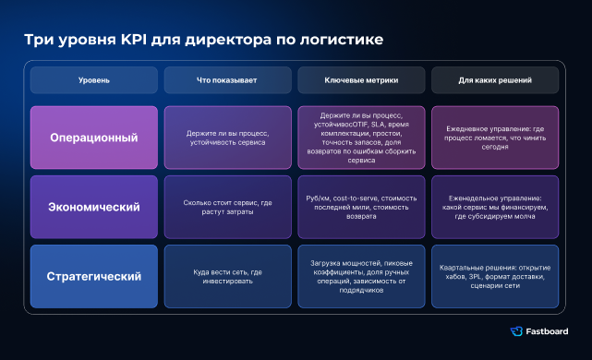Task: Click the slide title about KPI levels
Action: click(x=204, y=40)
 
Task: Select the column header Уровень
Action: click(x=94, y=80)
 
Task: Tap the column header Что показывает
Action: click(x=228, y=80)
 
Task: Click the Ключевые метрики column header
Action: click(x=361, y=80)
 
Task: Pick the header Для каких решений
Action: click(x=495, y=80)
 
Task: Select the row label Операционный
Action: click(x=94, y=138)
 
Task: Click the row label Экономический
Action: click(x=94, y=207)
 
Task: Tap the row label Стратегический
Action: click(x=94, y=276)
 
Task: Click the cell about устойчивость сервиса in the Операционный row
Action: click(x=228, y=138)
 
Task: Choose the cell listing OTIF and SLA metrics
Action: click(x=361, y=138)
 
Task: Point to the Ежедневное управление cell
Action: click(x=495, y=138)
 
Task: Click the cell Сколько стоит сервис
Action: click(x=228, y=207)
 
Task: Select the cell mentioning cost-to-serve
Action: click(x=361, y=207)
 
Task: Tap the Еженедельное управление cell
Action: click(x=495, y=207)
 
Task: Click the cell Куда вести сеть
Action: click(x=228, y=276)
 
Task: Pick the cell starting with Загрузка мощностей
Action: click(x=361, y=276)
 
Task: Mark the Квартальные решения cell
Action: click(x=495, y=276)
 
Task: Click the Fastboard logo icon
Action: click(x=516, y=331)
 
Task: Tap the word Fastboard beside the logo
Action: click(x=547, y=331)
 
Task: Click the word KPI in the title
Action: click(x=134, y=40)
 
